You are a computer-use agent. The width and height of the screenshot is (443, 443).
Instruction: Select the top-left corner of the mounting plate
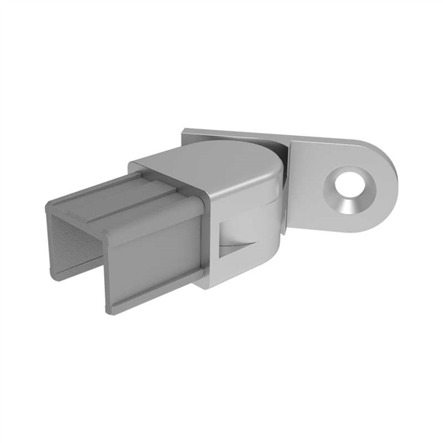[x=185, y=131]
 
